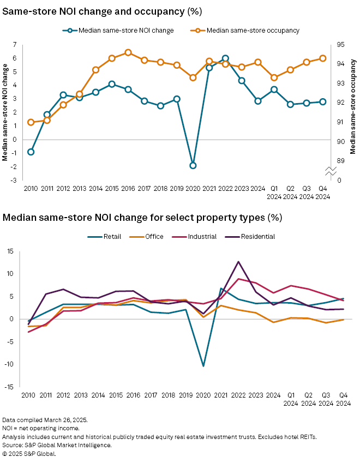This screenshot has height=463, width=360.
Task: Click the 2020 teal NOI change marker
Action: [x=193, y=165]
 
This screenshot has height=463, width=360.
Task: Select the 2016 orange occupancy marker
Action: [x=128, y=53]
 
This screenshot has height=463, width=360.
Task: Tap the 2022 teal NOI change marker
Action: [x=225, y=58]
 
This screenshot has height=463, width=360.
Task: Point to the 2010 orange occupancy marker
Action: [x=31, y=122]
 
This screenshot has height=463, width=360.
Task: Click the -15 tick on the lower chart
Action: [x=10, y=387]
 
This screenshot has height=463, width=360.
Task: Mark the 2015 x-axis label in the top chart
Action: [x=111, y=188]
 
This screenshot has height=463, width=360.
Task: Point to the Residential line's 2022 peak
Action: [x=238, y=262]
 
